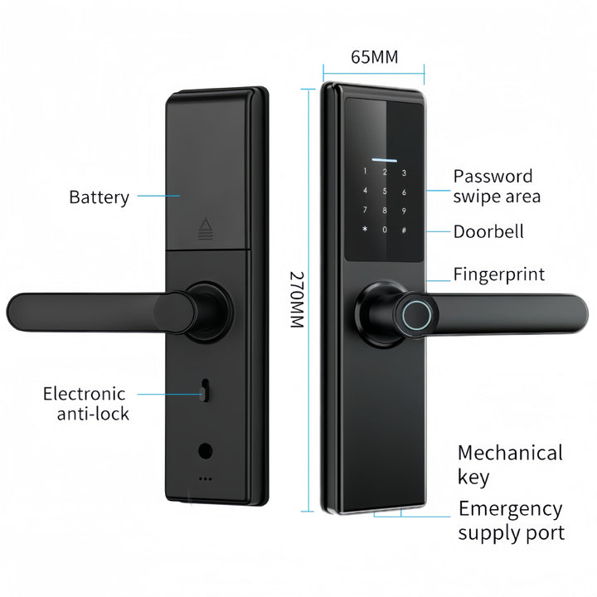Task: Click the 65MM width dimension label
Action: [x=374, y=57]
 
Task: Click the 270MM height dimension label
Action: [x=297, y=298]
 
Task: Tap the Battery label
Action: [x=99, y=197]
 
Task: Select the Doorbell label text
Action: [x=488, y=231]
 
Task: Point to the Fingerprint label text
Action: [x=498, y=274]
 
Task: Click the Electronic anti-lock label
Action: [x=86, y=403]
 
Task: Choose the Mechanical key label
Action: [x=510, y=464]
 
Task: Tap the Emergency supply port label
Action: [x=511, y=521]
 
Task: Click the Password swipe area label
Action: [x=496, y=186]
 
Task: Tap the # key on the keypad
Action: [x=404, y=230]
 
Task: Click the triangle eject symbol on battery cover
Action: [x=206, y=228]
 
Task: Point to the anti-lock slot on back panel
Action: [x=203, y=390]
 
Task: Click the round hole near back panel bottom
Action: [x=204, y=451]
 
